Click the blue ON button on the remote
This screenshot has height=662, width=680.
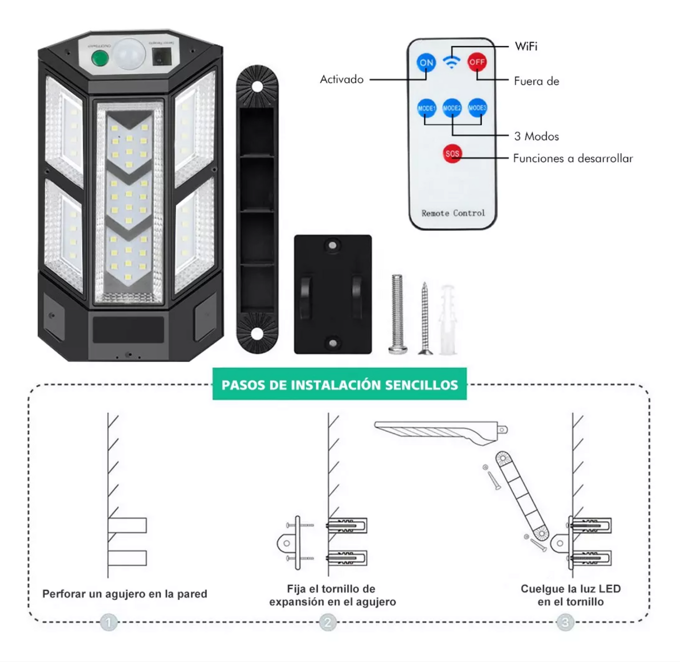pos(426,63)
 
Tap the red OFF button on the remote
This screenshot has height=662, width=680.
pos(477,62)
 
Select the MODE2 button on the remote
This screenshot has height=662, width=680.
pos(452,108)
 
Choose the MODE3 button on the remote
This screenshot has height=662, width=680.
pos(477,108)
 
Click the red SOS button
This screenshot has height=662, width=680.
pos(452,154)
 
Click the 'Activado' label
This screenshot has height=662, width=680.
pos(342,79)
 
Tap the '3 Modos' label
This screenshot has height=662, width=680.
pos(536,136)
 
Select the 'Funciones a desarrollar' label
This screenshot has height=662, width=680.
pos(573,158)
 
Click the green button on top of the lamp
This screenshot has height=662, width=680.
pos(100,58)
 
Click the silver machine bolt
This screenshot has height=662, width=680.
pos(397,314)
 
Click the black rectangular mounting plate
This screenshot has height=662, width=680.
pos(333,294)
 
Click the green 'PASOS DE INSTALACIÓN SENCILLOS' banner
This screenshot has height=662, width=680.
pos(339,384)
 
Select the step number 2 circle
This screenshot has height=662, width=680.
pos(328,623)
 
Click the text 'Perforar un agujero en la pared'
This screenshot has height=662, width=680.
pos(125,594)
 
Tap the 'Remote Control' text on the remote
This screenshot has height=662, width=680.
pos(453,213)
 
